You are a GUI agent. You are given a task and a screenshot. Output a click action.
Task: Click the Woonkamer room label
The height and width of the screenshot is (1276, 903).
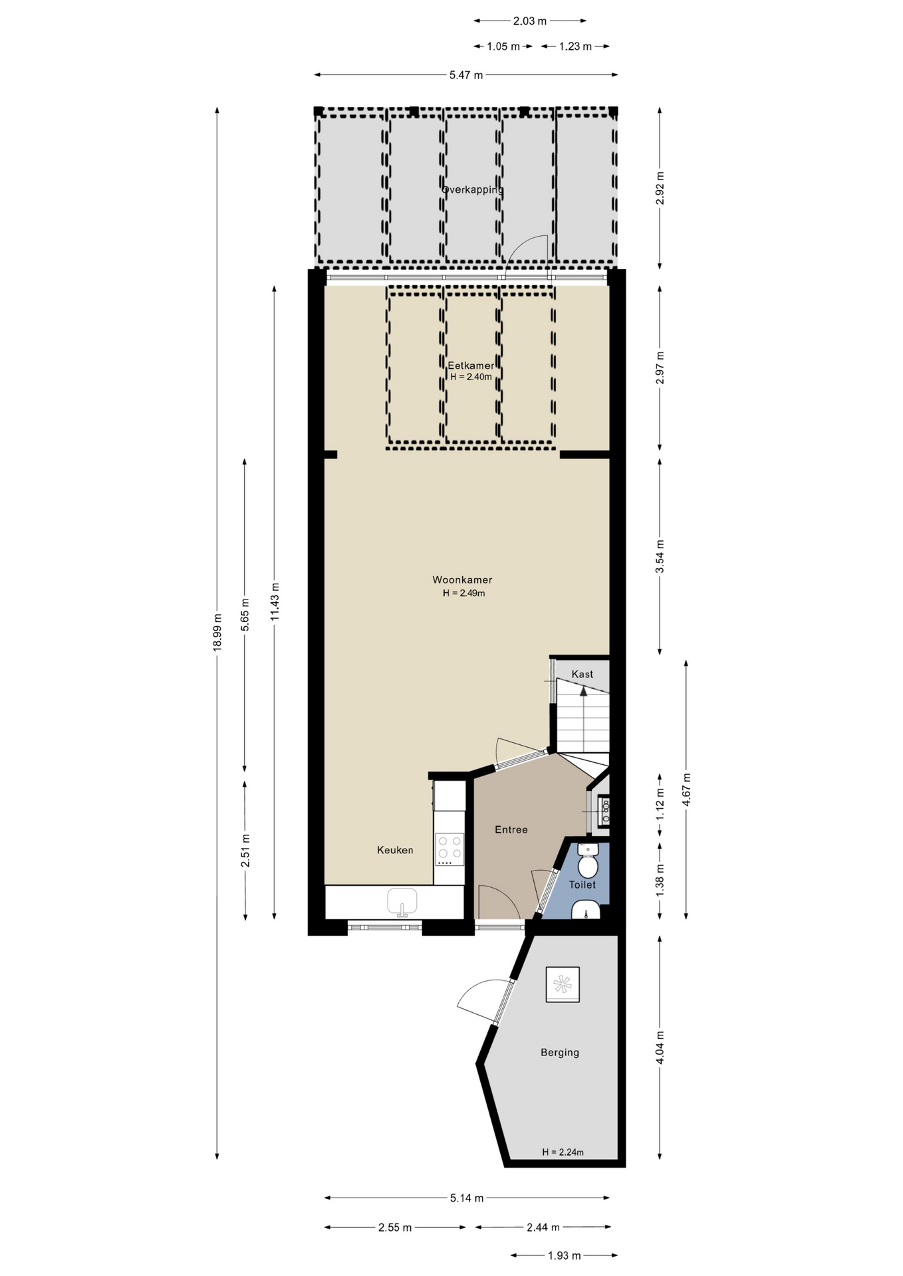[x=462, y=580]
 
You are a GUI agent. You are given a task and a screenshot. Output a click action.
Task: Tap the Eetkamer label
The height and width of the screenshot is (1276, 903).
[x=471, y=366]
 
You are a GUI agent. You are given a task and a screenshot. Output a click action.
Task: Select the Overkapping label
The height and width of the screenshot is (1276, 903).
[x=473, y=189]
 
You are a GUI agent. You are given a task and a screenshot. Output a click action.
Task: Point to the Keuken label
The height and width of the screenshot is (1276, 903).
[x=395, y=850]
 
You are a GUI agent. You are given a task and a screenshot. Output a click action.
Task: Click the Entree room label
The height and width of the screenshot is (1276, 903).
[x=511, y=829]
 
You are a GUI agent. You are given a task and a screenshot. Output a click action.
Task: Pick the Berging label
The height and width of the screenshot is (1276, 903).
[x=560, y=1052]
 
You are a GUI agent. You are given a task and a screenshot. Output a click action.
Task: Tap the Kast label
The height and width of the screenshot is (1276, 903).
[x=582, y=674]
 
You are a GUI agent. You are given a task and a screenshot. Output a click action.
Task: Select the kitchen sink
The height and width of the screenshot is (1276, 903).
[x=402, y=903]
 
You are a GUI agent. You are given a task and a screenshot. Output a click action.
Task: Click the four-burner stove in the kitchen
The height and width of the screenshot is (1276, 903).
[x=450, y=849]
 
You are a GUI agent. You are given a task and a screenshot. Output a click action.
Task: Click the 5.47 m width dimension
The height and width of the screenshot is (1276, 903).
[x=466, y=75]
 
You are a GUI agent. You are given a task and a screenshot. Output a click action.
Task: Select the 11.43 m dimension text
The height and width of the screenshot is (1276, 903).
[x=275, y=602]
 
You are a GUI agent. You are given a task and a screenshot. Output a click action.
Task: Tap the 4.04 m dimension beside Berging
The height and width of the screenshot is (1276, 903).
[x=660, y=1047]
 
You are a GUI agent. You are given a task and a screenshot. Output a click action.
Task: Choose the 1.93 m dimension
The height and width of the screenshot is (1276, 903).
[x=565, y=1255]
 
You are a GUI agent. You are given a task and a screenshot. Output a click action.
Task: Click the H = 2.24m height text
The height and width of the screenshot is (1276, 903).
[x=563, y=1152]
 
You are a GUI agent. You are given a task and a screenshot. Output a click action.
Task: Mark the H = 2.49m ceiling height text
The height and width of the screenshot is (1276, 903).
[x=464, y=593]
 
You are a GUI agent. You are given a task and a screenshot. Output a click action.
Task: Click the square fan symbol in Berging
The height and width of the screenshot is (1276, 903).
[x=563, y=984]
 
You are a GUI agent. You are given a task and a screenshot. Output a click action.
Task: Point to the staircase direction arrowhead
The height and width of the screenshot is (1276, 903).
[x=583, y=691]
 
